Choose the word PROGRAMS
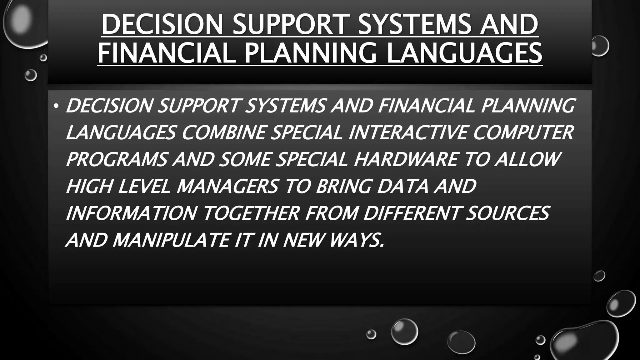(x=117, y=159)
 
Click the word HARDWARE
(x=406, y=159)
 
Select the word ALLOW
(x=527, y=159)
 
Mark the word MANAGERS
(x=227, y=187)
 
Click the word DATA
(x=402, y=187)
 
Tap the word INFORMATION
(x=131, y=213)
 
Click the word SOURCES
(x=507, y=213)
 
